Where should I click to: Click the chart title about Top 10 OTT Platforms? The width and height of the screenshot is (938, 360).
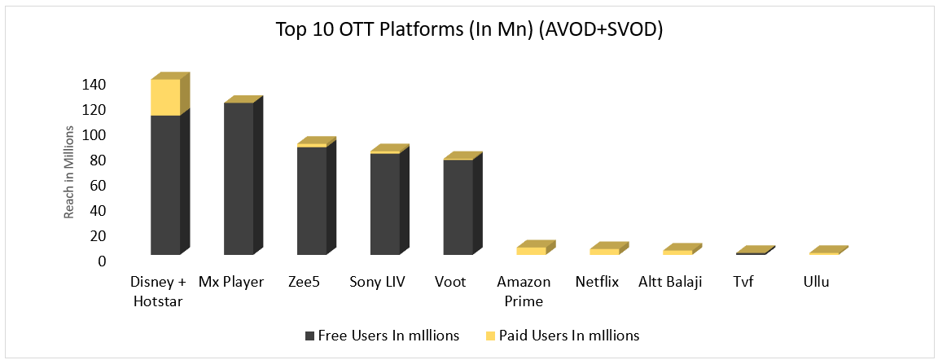(x=468, y=30)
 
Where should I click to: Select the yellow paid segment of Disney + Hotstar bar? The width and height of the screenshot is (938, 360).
(x=165, y=98)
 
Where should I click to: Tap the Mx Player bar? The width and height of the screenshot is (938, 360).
(x=239, y=178)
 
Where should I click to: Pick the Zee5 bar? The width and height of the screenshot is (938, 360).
(x=312, y=200)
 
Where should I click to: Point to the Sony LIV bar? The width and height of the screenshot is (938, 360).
(x=384, y=204)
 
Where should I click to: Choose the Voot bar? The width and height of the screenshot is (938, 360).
(x=458, y=207)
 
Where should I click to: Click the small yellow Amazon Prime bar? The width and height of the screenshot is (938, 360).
(x=531, y=251)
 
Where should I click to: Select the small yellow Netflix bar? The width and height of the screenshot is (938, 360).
(x=604, y=252)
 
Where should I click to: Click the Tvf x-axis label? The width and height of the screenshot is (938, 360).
(x=743, y=283)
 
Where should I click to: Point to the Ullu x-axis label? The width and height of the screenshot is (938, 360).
(x=815, y=283)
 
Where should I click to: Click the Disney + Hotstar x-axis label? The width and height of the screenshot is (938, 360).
(x=157, y=292)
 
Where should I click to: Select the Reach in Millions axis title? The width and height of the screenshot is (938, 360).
(x=71, y=172)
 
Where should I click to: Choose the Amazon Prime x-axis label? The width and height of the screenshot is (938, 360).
(x=524, y=292)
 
